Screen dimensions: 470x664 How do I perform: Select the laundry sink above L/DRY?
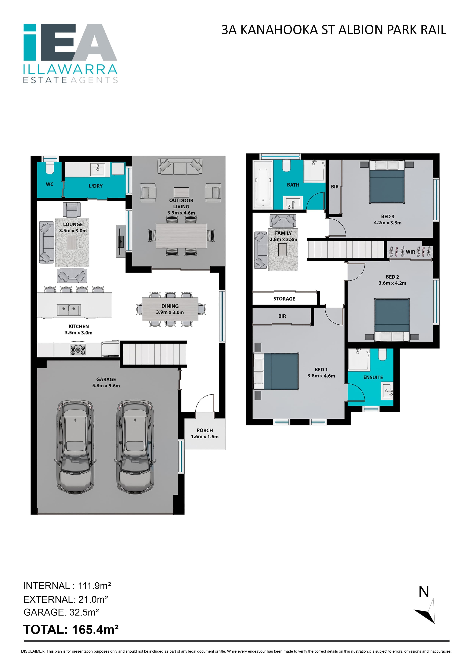[98, 169]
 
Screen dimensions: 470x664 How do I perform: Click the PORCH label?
[204, 430]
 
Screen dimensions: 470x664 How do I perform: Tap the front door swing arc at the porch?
[204, 401]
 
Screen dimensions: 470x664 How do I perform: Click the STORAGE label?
[284, 299]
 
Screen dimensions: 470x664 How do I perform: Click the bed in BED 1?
[276, 371]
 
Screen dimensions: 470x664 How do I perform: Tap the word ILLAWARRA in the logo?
[70, 69]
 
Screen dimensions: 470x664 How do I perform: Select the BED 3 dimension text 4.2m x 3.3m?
[388, 223]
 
